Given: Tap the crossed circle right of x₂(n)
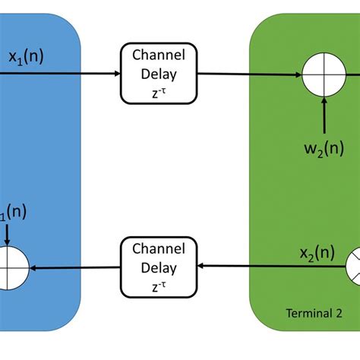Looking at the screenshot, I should click(352, 268).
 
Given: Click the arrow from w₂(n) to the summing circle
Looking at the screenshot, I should click(324, 113).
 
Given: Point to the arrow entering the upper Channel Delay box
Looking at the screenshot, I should click(91, 74).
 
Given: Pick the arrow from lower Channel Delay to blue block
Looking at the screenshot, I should click(76, 268).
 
